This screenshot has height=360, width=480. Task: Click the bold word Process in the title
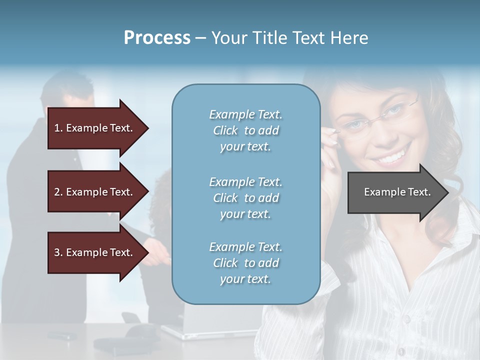point(157,38)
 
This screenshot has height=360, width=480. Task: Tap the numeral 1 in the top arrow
point(57,128)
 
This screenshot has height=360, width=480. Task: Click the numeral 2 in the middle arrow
point(57,192)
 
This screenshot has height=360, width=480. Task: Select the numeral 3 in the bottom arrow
point(57,252)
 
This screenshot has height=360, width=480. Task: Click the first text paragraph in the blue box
point(245,130)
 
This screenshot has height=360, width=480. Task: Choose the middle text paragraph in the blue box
point(245,198)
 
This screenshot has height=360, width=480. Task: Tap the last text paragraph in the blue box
point(245,263)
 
